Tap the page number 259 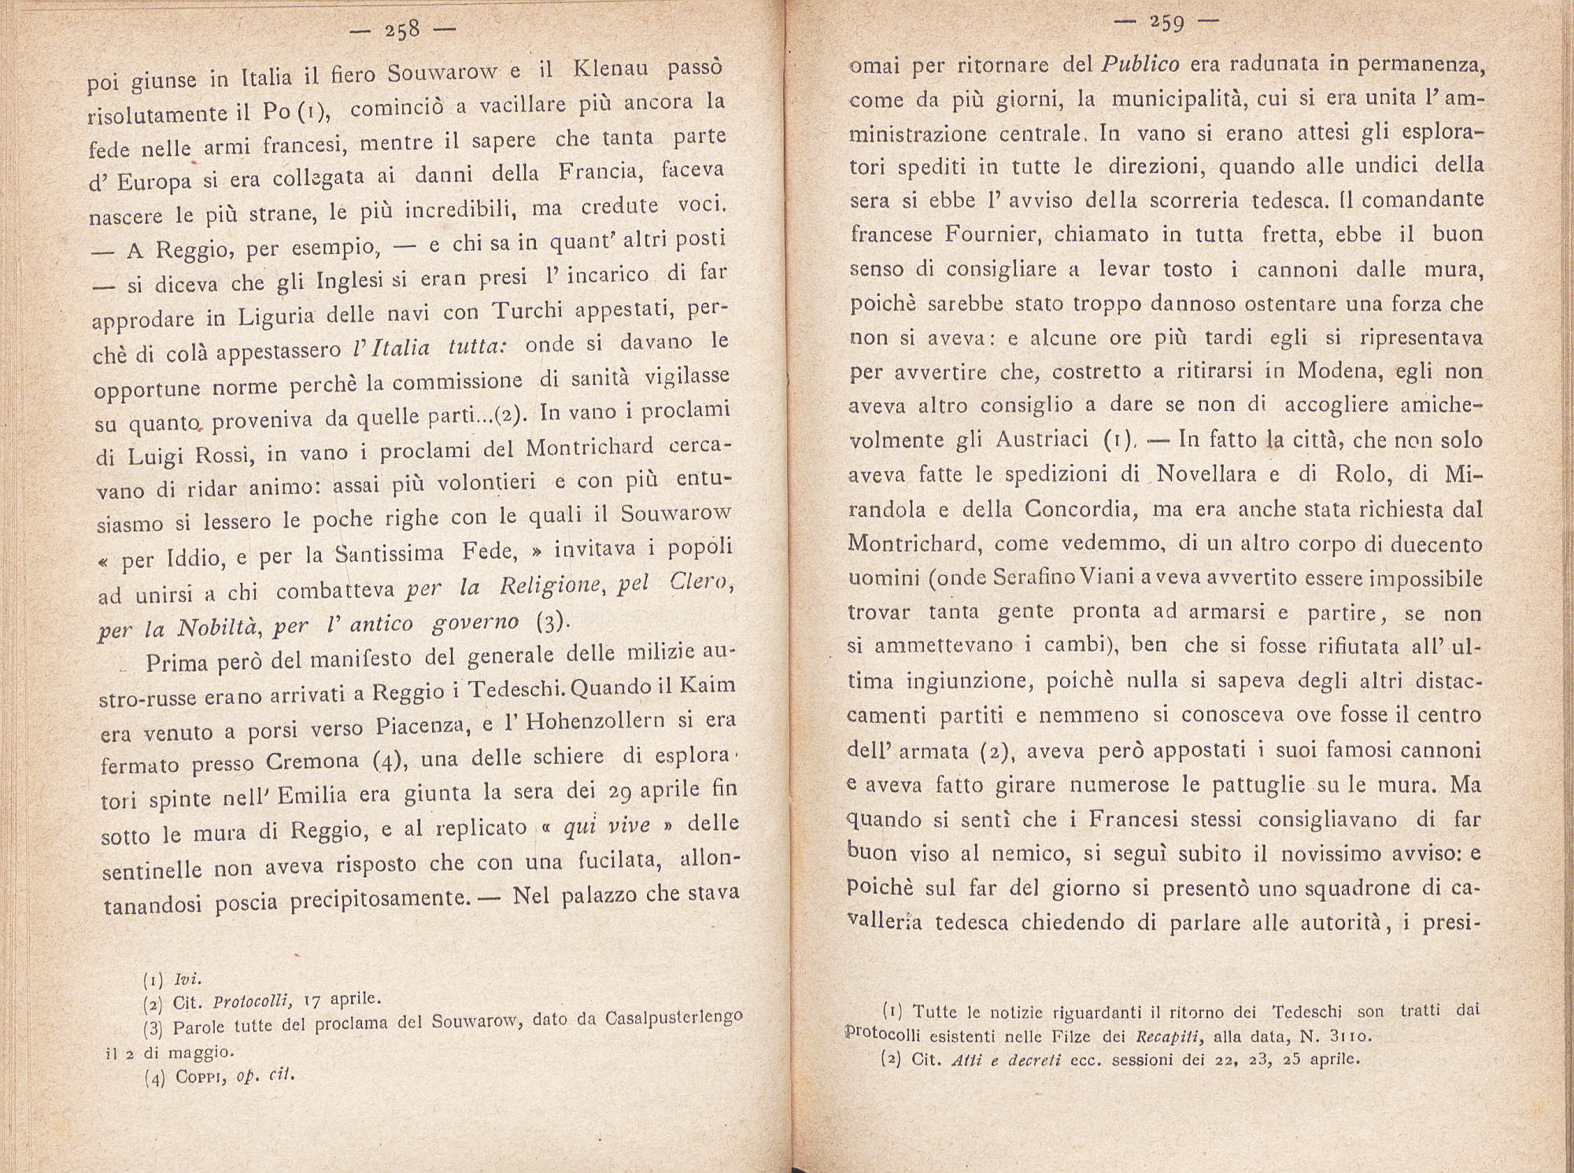(x=1166, y=23)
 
